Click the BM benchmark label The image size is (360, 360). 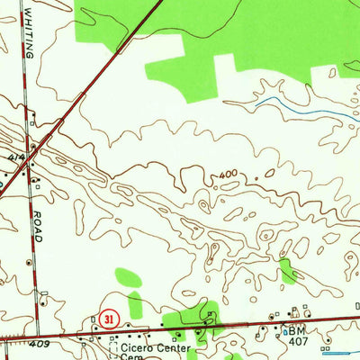coord(297,331)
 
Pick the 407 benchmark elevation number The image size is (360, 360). coord(298,342)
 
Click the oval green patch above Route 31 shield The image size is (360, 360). coord(128,277)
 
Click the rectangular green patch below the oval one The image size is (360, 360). coord(135,304)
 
